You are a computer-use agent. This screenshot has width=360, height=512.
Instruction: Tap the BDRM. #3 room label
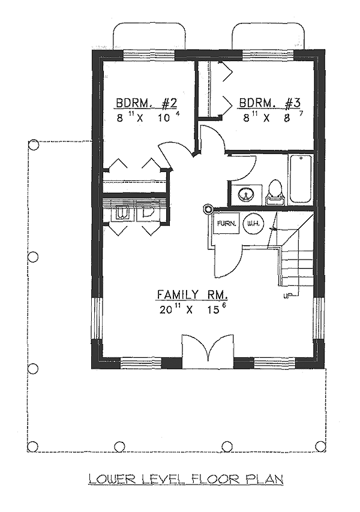coord(269,103)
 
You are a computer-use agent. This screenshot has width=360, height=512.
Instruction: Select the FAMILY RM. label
coord(192,294)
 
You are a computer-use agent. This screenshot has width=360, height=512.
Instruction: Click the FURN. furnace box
coord(227,224)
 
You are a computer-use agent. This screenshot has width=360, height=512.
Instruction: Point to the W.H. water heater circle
coord(254,224)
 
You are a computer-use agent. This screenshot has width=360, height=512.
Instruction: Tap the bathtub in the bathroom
coord(300,179)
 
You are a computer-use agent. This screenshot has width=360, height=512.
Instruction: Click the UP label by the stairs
coord(287,296)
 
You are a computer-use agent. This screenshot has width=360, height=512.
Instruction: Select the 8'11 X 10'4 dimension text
coord(148,117)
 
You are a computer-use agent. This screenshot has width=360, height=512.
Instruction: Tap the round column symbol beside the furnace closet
coord(207,209)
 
